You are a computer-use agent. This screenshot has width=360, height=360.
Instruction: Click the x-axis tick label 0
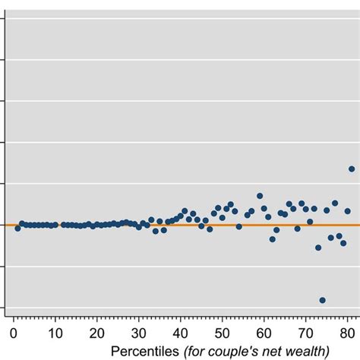14,333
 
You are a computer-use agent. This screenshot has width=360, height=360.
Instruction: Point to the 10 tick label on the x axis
55,333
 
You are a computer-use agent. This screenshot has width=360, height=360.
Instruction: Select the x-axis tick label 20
97,333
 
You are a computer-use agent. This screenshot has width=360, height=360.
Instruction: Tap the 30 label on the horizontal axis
139,333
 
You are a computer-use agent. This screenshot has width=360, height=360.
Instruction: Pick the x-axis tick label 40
181,333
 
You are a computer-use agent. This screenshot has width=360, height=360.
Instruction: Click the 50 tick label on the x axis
223,333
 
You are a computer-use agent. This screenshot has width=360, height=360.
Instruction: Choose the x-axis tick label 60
264,333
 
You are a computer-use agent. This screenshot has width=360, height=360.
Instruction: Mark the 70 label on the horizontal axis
306,333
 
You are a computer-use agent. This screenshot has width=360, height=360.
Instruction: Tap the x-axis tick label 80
347,333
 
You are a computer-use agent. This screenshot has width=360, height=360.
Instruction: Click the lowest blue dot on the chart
323,300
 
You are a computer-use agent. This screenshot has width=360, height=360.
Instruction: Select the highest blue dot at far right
352,169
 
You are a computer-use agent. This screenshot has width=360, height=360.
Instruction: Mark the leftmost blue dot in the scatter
17,228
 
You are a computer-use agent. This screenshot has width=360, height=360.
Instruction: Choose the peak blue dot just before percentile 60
260,196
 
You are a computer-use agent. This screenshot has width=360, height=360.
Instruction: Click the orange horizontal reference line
182,225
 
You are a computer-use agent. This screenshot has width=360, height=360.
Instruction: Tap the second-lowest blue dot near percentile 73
318,248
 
